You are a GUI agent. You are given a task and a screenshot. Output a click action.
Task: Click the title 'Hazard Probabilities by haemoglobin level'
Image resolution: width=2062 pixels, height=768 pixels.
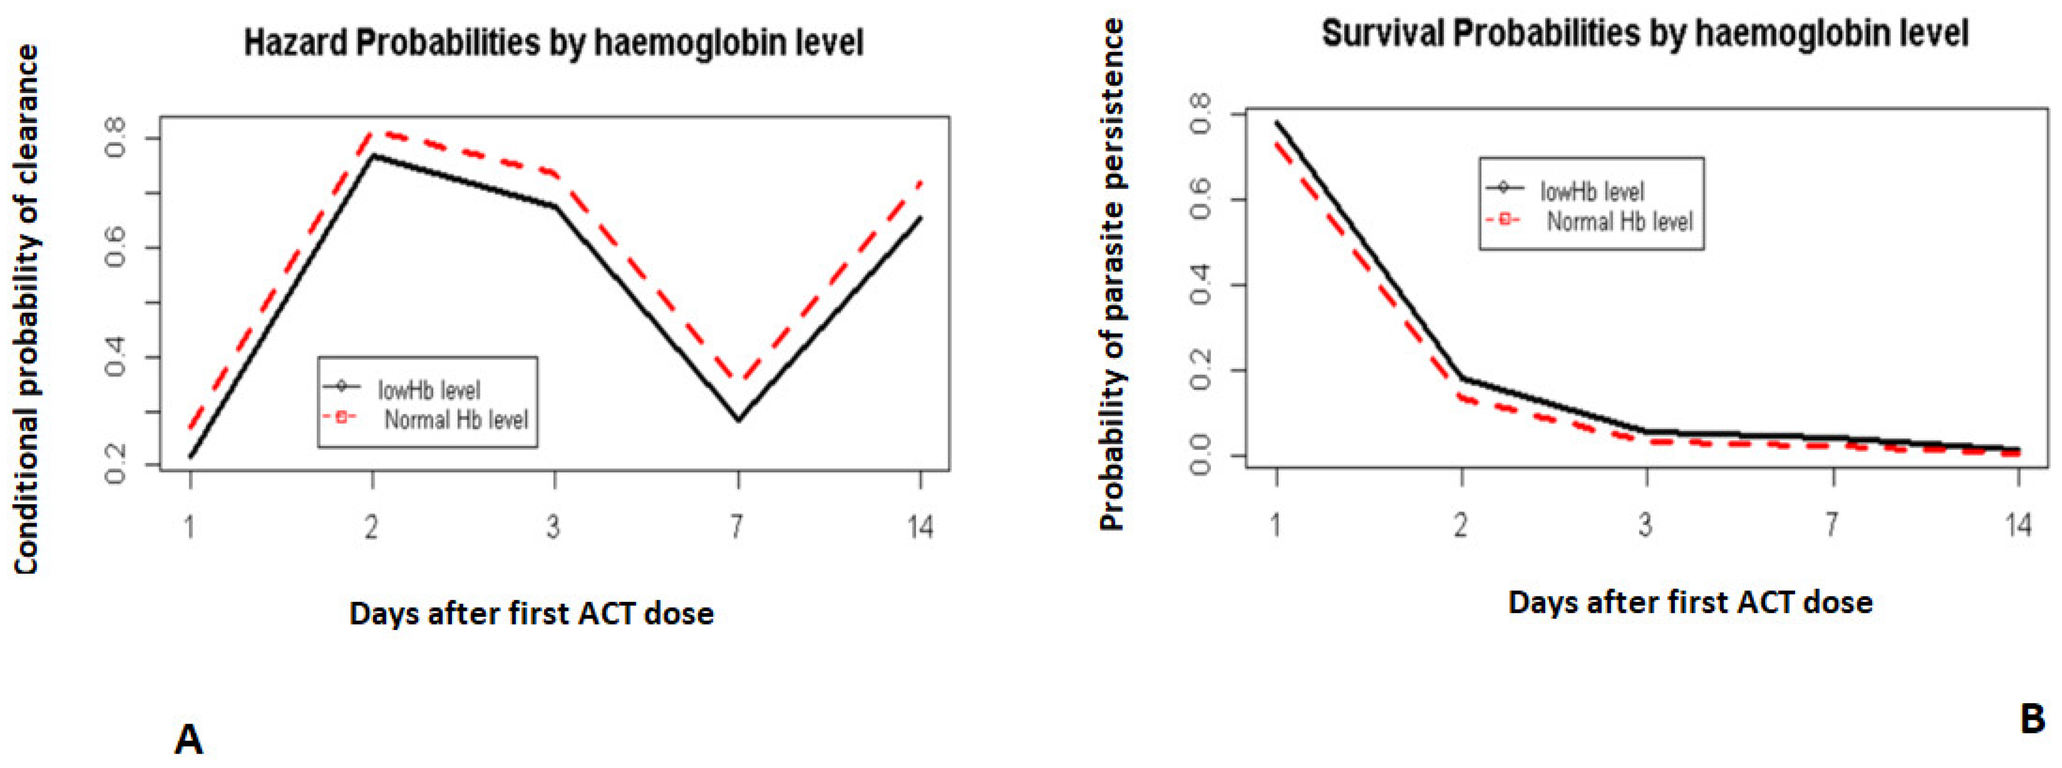pyautogui.click(x=553, y=42)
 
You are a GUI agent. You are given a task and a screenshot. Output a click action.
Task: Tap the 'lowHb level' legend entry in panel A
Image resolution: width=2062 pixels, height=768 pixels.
pyautogui.click(x=428, y=389)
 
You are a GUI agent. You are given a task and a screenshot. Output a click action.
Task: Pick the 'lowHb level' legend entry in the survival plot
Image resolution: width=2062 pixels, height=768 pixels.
pyautogui.click(x=1591, y=191)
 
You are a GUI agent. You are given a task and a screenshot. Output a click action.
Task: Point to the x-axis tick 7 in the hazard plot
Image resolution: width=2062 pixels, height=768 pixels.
pyautogui.click(x=736, y=526)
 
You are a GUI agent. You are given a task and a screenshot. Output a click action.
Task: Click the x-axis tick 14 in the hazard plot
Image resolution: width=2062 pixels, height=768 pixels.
pyautogui.click(x=920, y=526)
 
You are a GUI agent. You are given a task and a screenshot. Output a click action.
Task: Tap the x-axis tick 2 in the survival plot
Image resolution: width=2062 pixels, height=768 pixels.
pyautogui.click(x=1461, y=525)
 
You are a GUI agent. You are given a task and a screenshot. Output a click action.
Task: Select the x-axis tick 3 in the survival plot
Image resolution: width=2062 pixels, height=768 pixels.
pyautogui.click(x=1646, y=525)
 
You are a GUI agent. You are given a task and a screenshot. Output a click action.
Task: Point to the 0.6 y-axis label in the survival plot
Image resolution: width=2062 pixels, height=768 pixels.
pyautogui.click(x=1201, y=199)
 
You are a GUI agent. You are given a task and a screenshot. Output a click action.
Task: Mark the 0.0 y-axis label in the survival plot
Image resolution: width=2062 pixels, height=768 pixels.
pyautogui.click(x=1201, y=456)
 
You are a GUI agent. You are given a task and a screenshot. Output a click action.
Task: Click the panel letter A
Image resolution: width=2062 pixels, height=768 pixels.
pyautogui.click(x=188, y=739)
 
